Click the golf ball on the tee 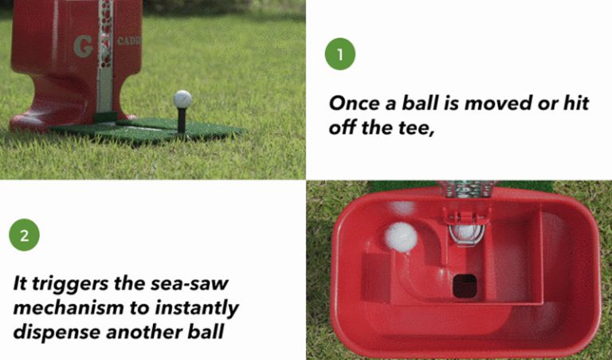tap(182, 99)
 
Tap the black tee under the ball tap(182, 119)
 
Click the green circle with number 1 tap(340, 54)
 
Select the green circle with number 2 tap(25, 236)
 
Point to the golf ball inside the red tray tap(401, 237)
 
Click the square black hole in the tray tap(462, 284)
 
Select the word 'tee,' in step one tap(413, 128)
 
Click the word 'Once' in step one tap(358, 104)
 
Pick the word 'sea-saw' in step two tap(200, 284)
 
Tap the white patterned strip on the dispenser tap(104, 56)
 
